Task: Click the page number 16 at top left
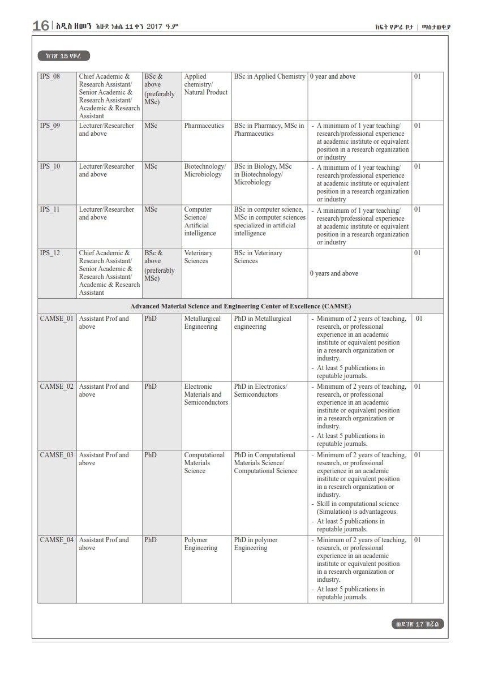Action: pos(41,25)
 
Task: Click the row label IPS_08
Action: pos(50,76)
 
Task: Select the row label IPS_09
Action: pos(50,126)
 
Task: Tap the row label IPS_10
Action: pos(50,166)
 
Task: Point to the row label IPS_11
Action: pos(50,209)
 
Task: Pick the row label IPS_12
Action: pos(50,253)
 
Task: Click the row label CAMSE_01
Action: pos(57,319)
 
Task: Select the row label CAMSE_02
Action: pos(57,387)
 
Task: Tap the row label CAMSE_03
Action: pos(57,455)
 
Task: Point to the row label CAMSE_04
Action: pos(57,540)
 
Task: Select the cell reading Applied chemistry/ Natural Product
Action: pos(205,84)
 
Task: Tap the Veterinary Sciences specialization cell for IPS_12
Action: pos(198,257)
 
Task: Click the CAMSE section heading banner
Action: pos(240,306)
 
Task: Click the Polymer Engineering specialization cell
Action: pos(200,544)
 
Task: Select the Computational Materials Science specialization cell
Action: pos(204,463)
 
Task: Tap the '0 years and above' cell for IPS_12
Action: pos(334,273)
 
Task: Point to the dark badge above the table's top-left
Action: pos(64,55)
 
